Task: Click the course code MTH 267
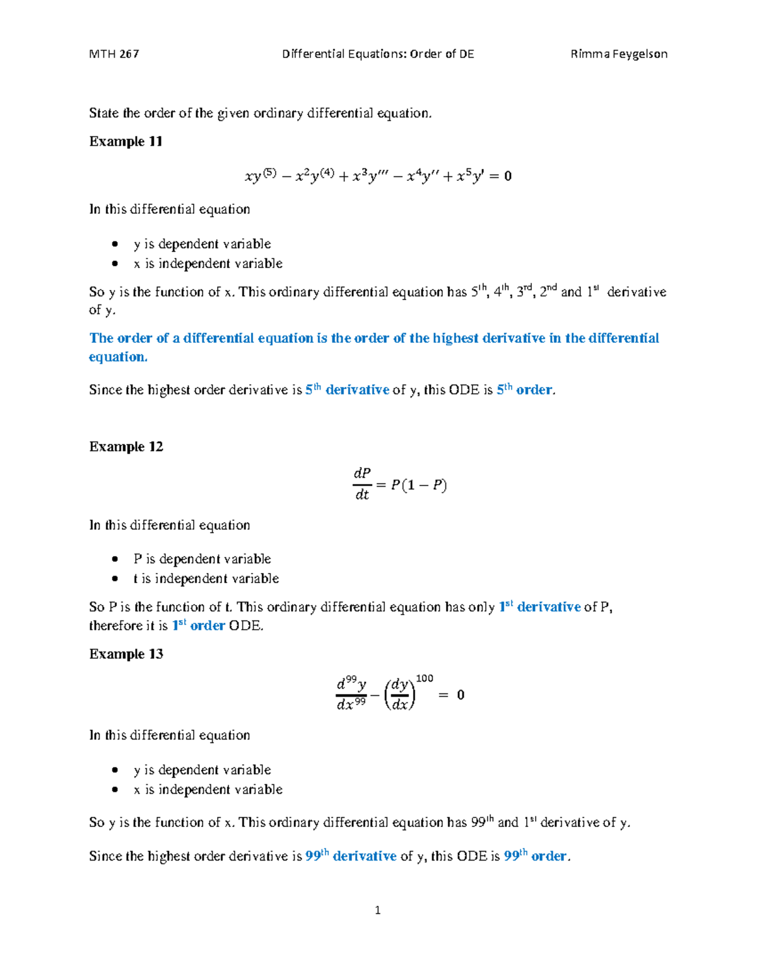click(114, 54)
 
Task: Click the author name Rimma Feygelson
click(618, 54)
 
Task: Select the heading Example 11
click(126, 141)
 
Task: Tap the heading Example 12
click(126, 446)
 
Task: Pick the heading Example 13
click(126, 654)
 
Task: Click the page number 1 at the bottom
click(377, 910)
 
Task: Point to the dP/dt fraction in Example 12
click(361, 484)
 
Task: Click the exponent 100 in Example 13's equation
click(425, 678)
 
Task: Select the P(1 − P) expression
click(418, 485)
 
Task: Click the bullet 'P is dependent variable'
click(202, 559)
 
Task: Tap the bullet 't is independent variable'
click(206, 578)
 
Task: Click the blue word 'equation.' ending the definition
click(118, 357)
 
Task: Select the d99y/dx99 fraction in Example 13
click(351, 694)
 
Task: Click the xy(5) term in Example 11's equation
click(261, 176)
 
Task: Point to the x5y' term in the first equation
click(469, 176)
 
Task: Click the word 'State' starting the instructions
click(103, 113)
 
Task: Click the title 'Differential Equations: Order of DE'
click(378, 54)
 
